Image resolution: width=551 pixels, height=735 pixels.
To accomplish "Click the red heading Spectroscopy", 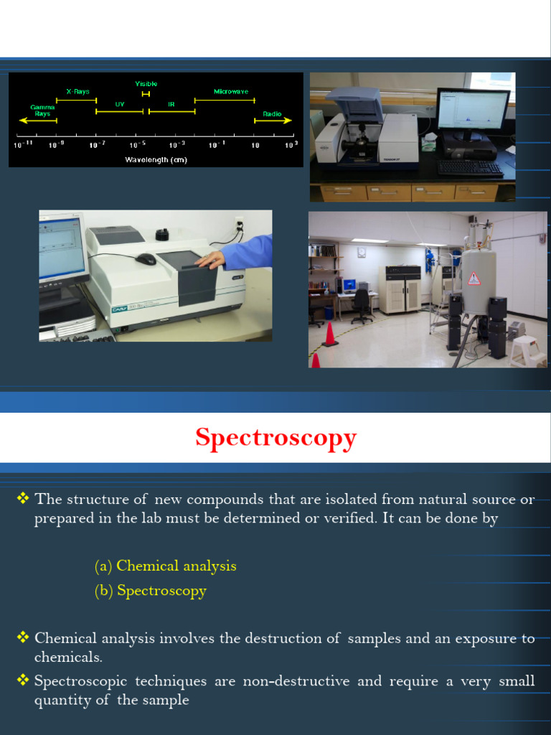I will pos(275,437).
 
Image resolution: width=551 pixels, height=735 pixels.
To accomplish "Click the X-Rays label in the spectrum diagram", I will pos(77,91).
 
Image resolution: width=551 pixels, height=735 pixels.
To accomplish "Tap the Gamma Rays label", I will pos(43,110).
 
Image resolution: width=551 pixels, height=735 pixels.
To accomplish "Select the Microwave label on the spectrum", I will pos(231,91).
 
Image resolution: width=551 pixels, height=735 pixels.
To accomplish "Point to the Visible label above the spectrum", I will pos(146,84).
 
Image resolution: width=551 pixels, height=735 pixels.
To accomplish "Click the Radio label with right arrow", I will pos(272,113).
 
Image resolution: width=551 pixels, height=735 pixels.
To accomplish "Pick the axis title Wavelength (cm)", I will pos(156,159).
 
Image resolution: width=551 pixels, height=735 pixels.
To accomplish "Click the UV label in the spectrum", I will pos(120,104).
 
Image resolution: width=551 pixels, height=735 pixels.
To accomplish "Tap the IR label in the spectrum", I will pos(171,104).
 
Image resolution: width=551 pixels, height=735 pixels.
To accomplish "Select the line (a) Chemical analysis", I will pos(165,566).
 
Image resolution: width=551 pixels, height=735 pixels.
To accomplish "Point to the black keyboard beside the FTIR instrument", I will pos(470,168).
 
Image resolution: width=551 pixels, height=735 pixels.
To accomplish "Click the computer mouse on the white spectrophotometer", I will pos(146,258).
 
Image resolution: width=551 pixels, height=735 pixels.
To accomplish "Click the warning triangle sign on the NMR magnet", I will pos(474,278).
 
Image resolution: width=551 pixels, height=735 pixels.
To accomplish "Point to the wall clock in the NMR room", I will pos(362,252).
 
